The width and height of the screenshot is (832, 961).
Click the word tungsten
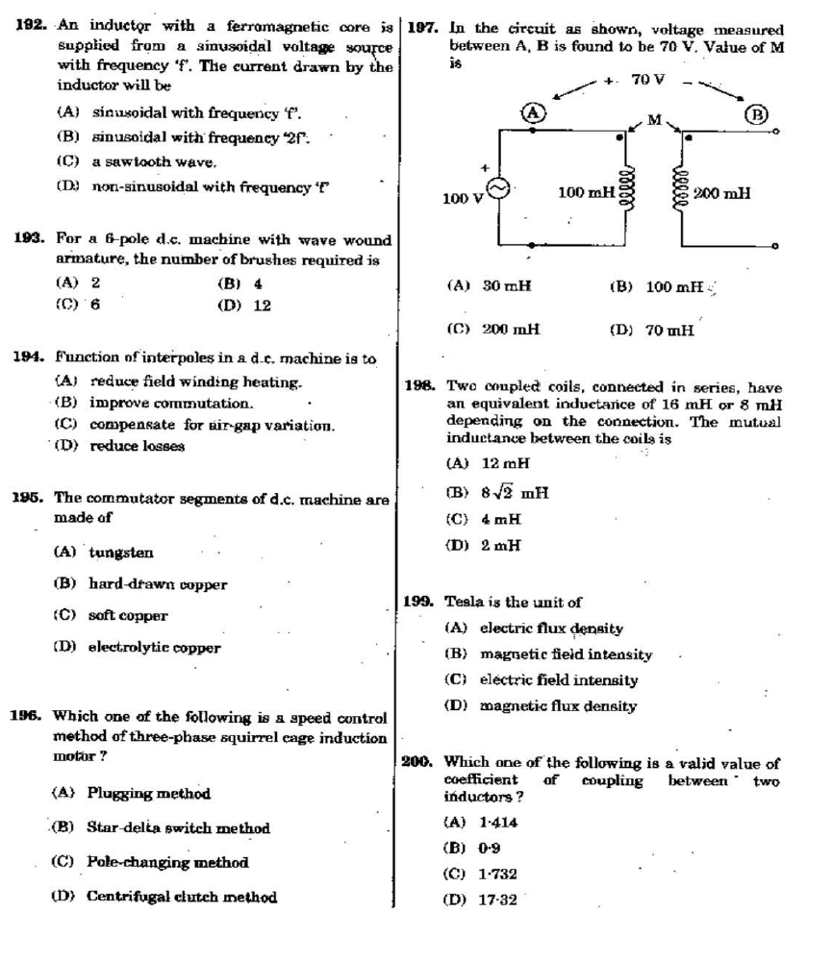click(120, 553)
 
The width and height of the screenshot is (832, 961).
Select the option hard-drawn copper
click(158, 583)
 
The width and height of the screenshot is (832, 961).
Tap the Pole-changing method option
click(167, 862)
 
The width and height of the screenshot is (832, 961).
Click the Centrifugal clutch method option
click(181, 897)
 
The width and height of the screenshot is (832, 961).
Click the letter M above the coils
click(655, 119)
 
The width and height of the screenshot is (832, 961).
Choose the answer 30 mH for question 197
click(504, 285)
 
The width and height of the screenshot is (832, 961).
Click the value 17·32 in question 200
click(496, 899)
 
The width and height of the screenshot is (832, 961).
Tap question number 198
click(416, 387)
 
